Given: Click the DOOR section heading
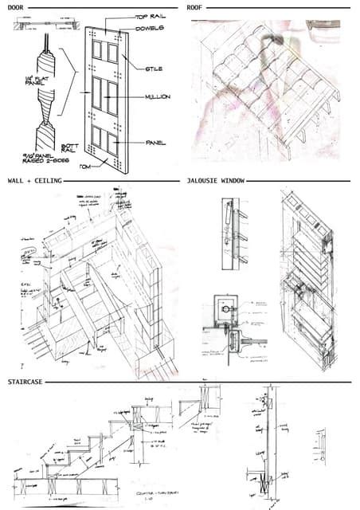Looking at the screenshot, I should (16, 6).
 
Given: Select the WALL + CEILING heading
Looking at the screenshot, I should (33, 181).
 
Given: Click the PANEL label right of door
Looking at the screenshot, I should (155, 143).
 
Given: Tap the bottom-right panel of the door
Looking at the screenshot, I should (115, 144).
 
